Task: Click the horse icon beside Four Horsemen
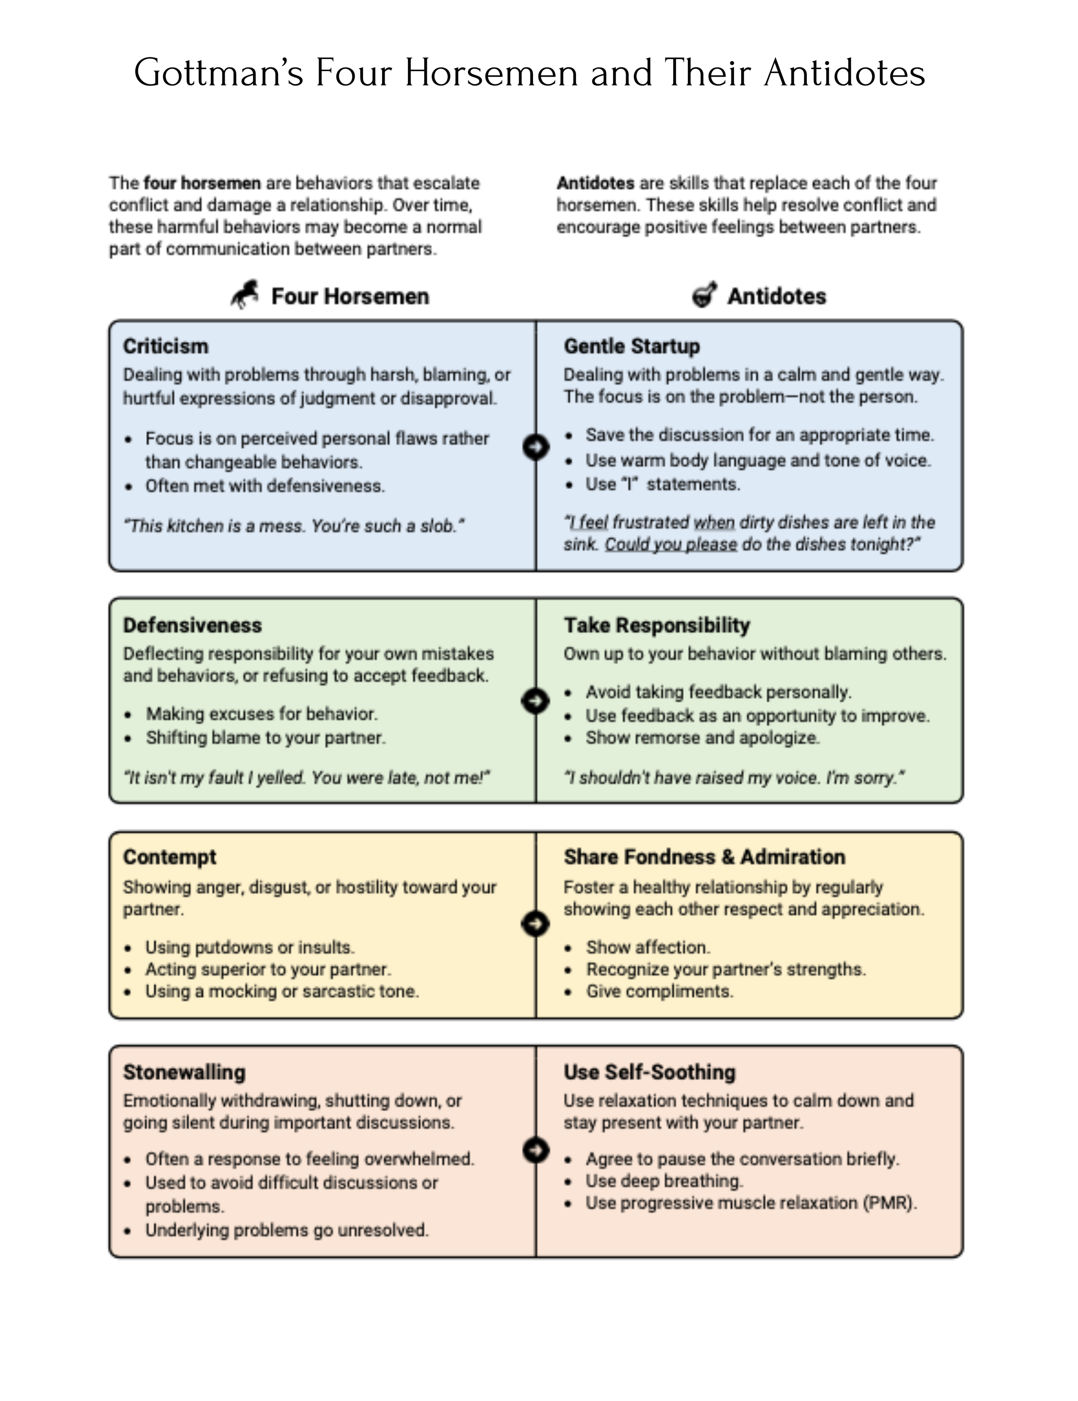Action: (245, 295)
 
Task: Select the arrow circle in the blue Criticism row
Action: (536, 447)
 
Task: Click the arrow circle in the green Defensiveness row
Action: (536, 700)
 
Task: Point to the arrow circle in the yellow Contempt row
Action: (536, 924)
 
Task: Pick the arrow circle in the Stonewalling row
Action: (536, 1150)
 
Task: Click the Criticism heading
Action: (166, 347)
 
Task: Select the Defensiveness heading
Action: (192, 625)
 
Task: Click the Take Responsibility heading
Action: (656, 625)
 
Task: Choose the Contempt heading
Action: (169, 857)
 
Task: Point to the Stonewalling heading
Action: (184, 1072)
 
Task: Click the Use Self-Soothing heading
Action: (649, 1072)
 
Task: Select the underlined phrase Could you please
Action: (671, 544)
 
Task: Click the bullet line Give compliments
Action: (659, 992)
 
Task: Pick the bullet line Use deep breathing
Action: (664, 1181)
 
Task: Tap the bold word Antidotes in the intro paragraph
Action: (595, 184)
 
